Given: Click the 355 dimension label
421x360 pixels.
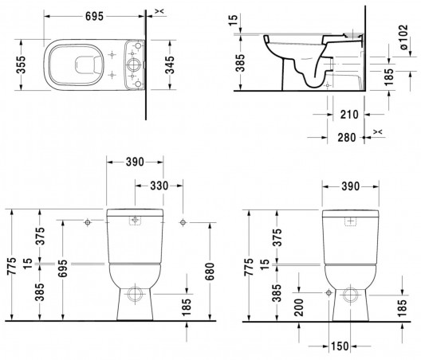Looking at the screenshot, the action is coord(21,65).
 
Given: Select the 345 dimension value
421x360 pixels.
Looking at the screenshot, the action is coord(170,65).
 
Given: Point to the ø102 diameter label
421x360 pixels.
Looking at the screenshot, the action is coord(403,37).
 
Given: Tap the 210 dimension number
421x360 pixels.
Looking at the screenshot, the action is coord(349,115).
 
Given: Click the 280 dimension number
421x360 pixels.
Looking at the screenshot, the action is coord(347,138).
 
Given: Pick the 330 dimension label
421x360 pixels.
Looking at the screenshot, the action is coord(159,186).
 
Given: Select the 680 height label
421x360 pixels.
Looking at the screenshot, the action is coord(210,272).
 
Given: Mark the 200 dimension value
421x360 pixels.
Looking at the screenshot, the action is coord(298,307).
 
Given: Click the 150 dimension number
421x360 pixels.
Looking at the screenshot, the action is coord(340,346).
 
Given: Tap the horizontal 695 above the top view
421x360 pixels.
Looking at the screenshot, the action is coord(94,17).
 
